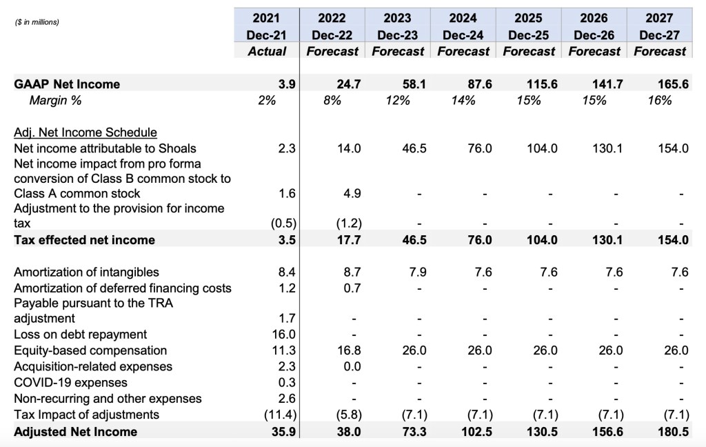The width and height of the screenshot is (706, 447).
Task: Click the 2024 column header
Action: tap(463, 18)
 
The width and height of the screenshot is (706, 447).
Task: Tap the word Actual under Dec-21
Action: tap(267, 51)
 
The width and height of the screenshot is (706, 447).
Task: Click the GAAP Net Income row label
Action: tap(67, 84)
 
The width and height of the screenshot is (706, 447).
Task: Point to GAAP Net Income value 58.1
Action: tap(414, 84)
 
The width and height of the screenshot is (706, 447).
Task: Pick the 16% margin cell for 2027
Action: tap(660, 101)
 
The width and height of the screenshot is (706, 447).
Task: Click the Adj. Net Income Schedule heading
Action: tap(85, 132)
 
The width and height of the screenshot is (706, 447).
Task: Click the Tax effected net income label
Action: tap(84, 240)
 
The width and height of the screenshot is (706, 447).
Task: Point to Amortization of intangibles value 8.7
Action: tap(352, 272)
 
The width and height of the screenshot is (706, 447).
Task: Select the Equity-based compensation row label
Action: tap(90, 350)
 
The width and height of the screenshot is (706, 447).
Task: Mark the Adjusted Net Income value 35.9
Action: tap(284, 432)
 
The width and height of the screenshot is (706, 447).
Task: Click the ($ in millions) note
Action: tap(37, 22)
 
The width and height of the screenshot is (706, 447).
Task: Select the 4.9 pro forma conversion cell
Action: tap(352, 193)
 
